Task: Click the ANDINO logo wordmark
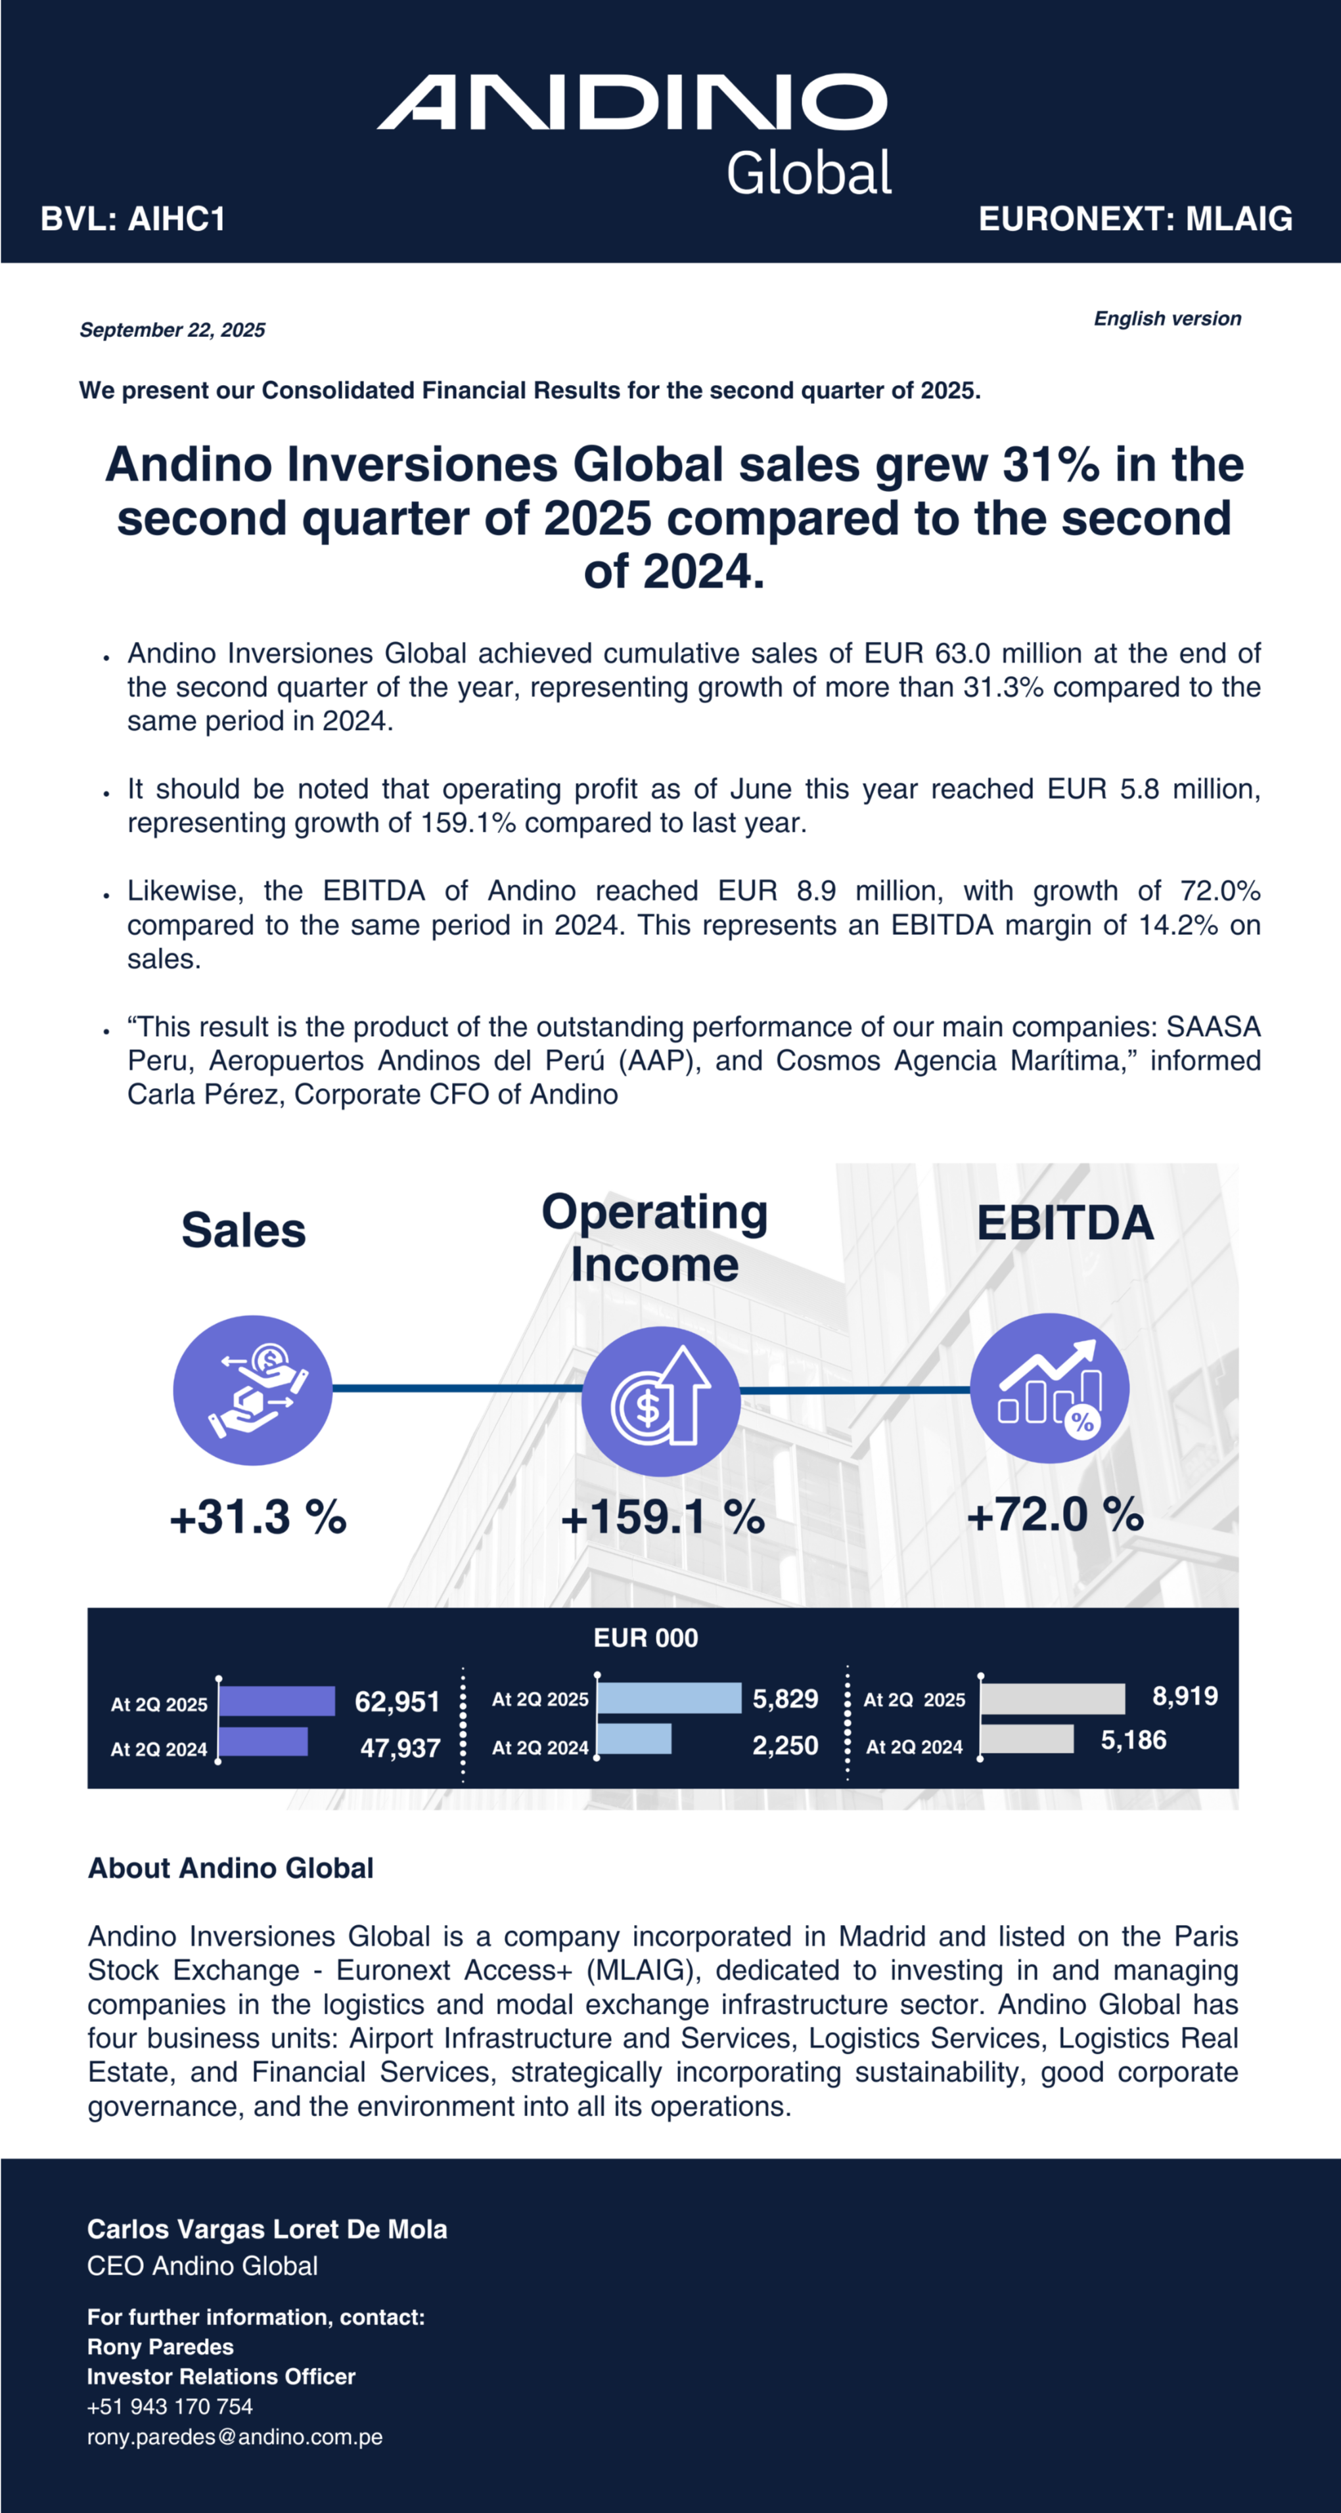click(632, 102)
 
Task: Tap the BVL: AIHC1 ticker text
click(133, 219)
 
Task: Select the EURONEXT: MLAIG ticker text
click(1135, 219)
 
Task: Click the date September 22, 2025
click(173, 330)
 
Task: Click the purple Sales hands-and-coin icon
click(252, 1390)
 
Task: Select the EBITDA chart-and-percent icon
click(1049, 1388)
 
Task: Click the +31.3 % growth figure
click(258, 1517)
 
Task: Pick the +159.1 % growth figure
click(662, 1517)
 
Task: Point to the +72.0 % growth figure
click(1055, 1514)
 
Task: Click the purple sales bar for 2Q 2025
click(277, 1700)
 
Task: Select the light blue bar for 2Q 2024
click(635, 1738)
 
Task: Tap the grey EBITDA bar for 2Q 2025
click(1053, 1698)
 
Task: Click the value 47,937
click(400, 1747)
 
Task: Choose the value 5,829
click(785, 1698)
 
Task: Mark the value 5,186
click(1133, 1740)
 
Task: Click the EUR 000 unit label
click(646, 1638)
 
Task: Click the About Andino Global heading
click(231, 1868)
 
